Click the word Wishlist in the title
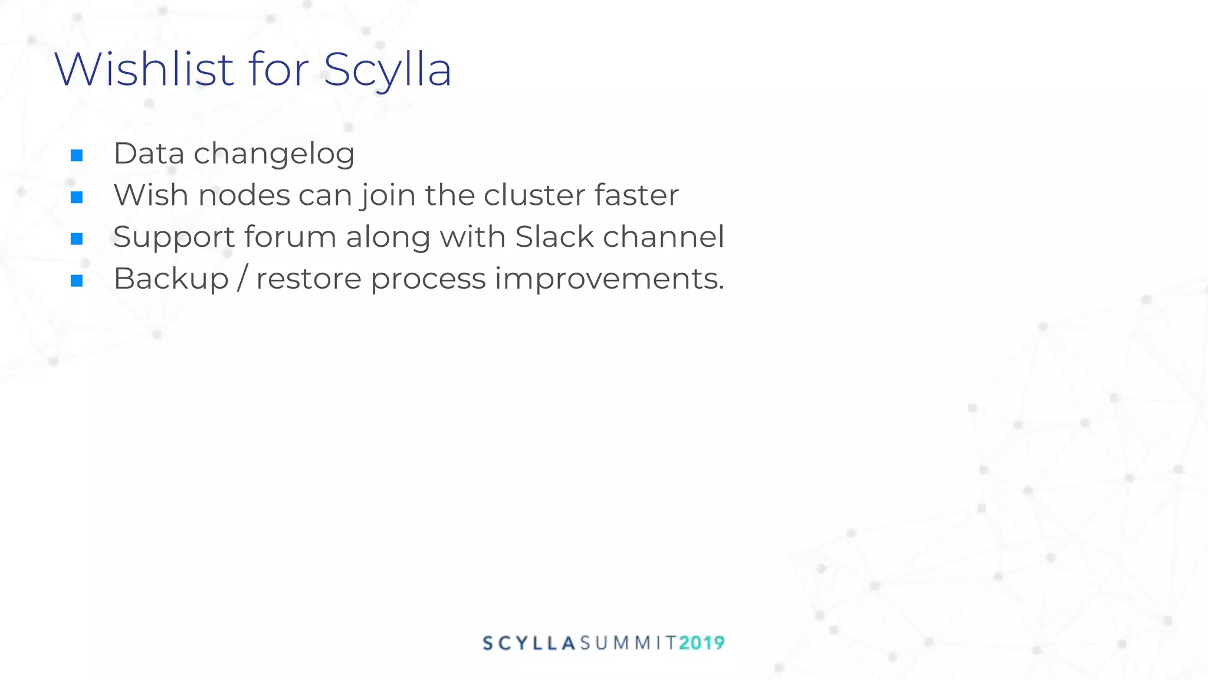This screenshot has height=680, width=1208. tap(145, 70)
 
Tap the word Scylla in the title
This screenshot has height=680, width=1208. tap(388, 70)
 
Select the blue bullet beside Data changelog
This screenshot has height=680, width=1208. tap(77, 156)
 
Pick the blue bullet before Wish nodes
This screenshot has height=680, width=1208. tap(77, 197)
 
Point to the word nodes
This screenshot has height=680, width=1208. tap(244, 195)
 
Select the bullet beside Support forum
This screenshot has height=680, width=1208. tap(77, 239)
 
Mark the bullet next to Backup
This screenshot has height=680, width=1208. tap(77, 281)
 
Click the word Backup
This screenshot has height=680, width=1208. tap(171, 279)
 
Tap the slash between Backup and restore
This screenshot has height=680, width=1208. tap(242, 279)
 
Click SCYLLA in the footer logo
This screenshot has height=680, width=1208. tap(529, 643)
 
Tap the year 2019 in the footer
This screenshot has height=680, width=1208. tap(701, 643)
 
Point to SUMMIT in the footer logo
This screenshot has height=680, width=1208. tap(628, 643)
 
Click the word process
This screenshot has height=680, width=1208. tap(428, 279)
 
